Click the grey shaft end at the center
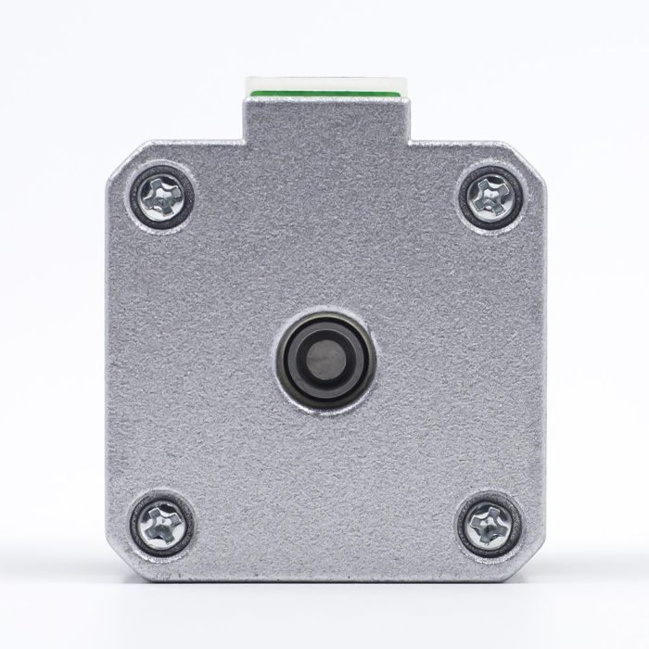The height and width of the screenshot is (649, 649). tap(324, 355)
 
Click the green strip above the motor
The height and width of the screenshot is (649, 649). tap(324, 95)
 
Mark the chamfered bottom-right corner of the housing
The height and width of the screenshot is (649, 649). tap(529, 559)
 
